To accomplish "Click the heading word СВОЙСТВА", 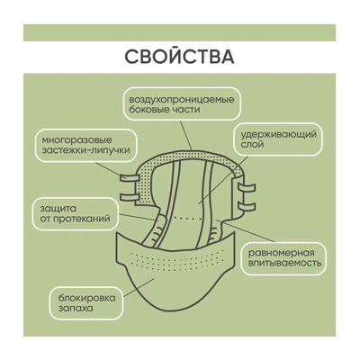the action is [179, 56].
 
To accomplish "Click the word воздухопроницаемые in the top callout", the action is [182, 99].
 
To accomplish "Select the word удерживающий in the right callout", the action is [279, 135].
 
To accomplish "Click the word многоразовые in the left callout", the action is [77, 140].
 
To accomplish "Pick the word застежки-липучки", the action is [86, 149].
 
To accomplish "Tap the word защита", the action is [58, 209].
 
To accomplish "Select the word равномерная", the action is [281, 253].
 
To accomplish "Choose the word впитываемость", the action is [284, 263].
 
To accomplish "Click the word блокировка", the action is [86, 299].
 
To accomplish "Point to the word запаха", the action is [76, 309].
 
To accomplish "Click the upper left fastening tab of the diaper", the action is [130, 178].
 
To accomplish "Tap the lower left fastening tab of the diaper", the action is [130, 197].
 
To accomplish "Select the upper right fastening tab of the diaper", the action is [247, 188].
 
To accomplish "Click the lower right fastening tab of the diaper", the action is [247, 207].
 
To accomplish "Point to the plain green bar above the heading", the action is [179, 32].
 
